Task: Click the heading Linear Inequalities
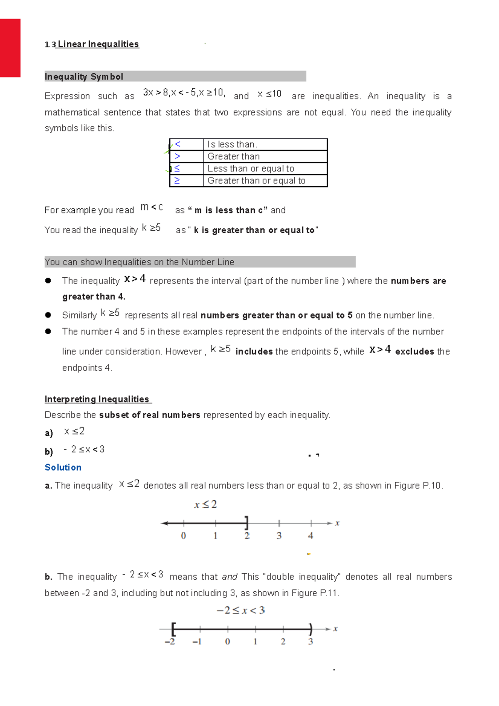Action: click(98, 44)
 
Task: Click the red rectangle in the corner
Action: click(10, 48)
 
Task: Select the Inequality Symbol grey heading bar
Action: click(175, 76)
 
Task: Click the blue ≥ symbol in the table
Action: click(177, 180)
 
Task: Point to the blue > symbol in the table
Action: click(178, 156)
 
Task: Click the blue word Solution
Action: click(63, 467)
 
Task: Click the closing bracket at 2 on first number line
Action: click(247, 523)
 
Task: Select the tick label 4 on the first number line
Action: click(310, 536)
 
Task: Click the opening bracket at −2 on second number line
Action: click(173, 629)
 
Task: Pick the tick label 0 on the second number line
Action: click(227, 642)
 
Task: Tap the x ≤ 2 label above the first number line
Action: click(205, 505)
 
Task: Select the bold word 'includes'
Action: click(254, 351)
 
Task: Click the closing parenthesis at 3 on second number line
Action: click(311, 629)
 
